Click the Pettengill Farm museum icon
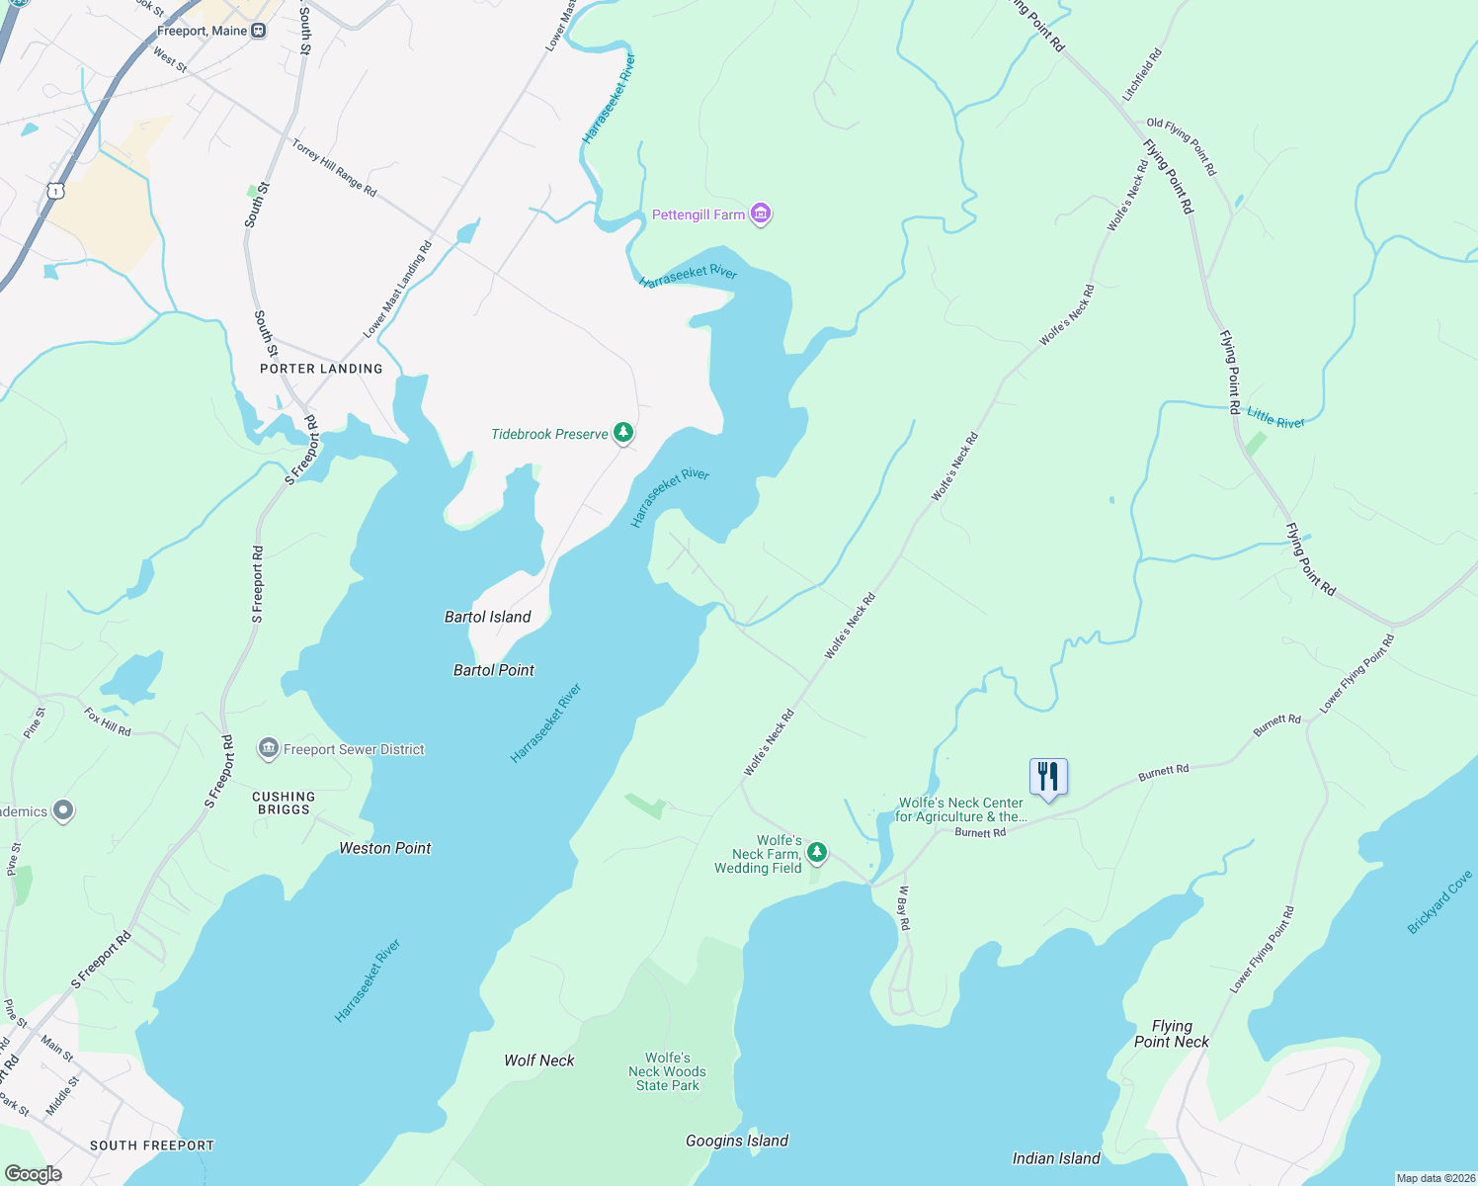coord(760,213)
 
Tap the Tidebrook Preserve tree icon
coord(622,433)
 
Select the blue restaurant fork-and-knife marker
coord(1048,778)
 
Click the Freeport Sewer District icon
coord(268,749)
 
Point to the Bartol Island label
coord(487,617)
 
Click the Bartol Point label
coord(493,670)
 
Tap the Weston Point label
coord(384,848)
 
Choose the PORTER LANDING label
coord(321,369)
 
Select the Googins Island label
coord(737,1141)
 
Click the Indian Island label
coord(1056,1158)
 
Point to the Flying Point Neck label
coord(1172,1034)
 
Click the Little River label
coord(1275,418)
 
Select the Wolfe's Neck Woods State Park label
coord(667,1071)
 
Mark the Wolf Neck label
coord(538,1060)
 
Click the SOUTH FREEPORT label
coord(151,1145)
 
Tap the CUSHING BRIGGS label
coord(284,803)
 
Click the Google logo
coord(33,1174)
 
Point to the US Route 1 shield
coord(57,190)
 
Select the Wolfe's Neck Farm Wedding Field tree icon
coord(817,852)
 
